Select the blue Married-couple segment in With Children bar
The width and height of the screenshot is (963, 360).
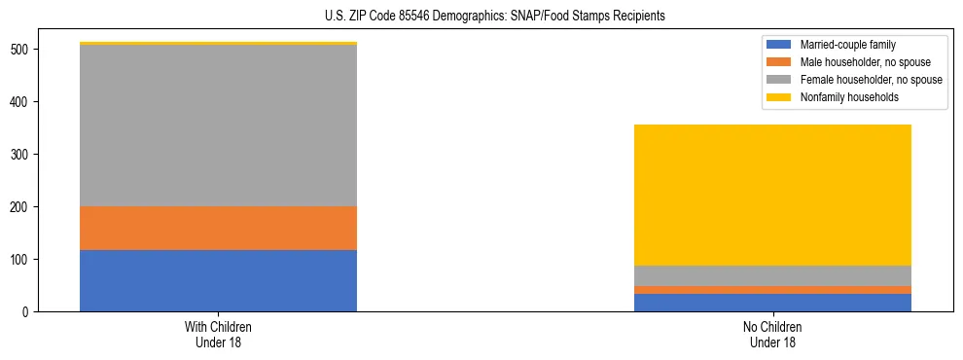218,280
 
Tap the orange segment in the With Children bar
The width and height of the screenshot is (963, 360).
218,228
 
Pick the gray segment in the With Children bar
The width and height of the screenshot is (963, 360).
218,126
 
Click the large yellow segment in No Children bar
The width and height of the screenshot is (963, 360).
772,195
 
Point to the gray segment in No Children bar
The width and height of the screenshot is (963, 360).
772,275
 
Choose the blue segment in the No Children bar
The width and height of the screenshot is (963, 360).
772,303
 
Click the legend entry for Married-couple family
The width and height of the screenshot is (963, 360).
847,45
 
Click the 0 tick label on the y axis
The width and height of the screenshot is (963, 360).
28,312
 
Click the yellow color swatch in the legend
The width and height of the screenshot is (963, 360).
779,97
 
